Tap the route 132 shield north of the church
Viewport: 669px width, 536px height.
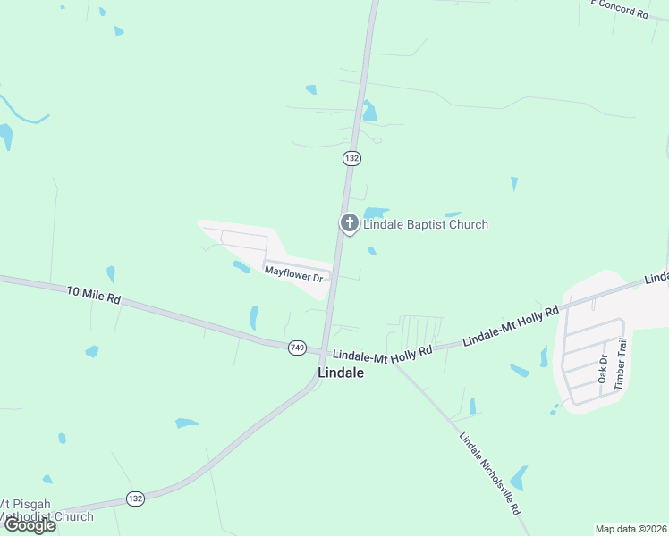(351, 158)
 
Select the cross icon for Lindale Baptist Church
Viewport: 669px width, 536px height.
(349, 223)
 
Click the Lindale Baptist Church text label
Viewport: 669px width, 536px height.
(425, 224)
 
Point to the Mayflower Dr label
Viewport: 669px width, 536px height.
(293, 272)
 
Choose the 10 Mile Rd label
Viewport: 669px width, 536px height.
(93, 294)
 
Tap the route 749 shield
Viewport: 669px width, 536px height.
(298, 348)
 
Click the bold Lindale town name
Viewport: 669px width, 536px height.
(342, 373)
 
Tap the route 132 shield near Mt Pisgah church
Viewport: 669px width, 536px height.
(135, 498)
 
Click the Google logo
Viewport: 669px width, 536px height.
(30, 525)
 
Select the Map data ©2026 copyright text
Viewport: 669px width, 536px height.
(631, 529)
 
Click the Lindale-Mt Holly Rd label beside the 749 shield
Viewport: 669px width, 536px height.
(379, 356)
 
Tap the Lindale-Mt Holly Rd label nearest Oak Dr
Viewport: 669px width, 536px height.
(510, 327)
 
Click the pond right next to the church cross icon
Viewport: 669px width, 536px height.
(376, 213)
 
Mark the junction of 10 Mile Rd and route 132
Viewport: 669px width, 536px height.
(322, 350)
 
